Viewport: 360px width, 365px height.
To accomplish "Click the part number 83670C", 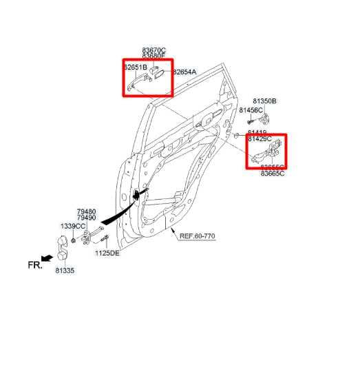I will pos(153,50).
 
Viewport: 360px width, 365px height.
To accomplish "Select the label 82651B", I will pos(136,67).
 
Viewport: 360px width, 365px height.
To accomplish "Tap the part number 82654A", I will pos(184,72).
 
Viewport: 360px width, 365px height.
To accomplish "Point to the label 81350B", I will pos(264,101).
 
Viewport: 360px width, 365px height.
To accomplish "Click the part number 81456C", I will pos(251,110).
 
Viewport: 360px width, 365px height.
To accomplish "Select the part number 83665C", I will pos(272,174).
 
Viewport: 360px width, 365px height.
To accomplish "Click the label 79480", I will pos(86,211).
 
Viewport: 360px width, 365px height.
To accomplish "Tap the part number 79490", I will pos(86,218).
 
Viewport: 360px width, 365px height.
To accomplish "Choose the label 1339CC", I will pos(72,226).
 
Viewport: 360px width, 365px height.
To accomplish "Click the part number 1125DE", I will pos(107,253).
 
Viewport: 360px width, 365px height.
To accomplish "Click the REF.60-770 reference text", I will pos(198,236).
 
